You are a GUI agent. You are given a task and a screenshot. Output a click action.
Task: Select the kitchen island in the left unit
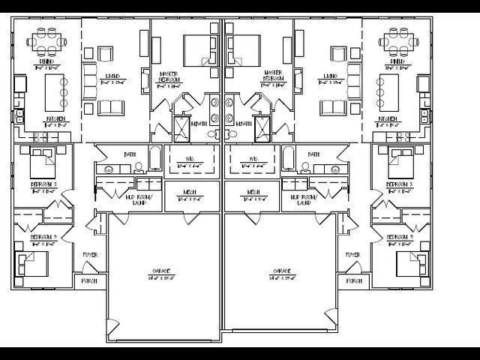pos(53,91)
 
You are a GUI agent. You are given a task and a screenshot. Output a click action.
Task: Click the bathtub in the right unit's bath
pos(288,159)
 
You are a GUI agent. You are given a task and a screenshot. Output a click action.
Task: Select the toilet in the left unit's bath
pos(139,169)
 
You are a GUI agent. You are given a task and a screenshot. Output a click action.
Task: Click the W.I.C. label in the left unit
pos(190,159)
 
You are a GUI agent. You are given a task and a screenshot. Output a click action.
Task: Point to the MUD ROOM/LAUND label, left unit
pos(139,199)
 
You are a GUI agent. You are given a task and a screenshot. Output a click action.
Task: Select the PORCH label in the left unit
pos(88,281)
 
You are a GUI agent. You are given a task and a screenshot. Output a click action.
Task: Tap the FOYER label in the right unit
pos(353,255)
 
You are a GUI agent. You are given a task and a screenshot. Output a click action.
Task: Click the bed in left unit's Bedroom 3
pos(33,263)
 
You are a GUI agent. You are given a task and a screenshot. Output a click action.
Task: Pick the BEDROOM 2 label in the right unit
pos(400,184)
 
